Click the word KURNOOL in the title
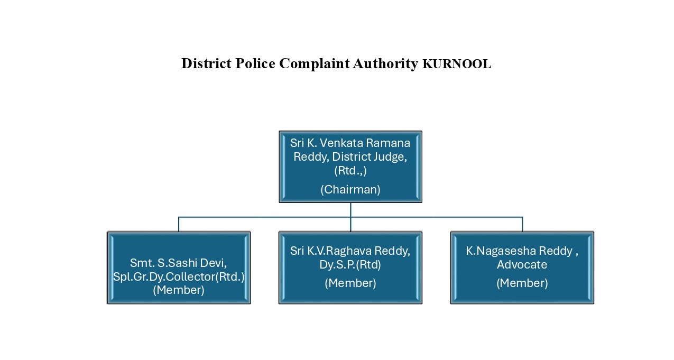pyautogui.click(x=457, y=64)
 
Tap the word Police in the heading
pyautogui.click(x=255, y=63)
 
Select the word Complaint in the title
pyautogui.click(x=315, y=64)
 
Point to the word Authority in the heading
pyautogui.click(x=385, y=64)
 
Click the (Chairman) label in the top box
pyautogui.click(x=350, y=190)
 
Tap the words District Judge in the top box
pyautogui.click(x=369, y=157)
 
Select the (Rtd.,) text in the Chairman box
pyautogui.click(x=350, y=171)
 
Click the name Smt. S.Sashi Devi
pyautogui.click(x=179, y=263)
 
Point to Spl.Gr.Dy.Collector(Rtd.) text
pyautogui.click(x=179, y=277)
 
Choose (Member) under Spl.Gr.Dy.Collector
pyautogui.click(x=179, y=290)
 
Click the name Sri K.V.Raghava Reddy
pyautogui.click(x=350, y=251)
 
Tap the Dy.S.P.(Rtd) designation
pyautogui.click(x=350, y=265)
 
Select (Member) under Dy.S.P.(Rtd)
pyautogui.click(x=350, y=283)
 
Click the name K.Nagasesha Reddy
pyautogui.click(x=519, y=251)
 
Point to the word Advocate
pyautogui.click(x=522, y=265)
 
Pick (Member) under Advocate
pyautogui.click(x=522, y=283)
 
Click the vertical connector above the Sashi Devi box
pyautogui.click(x=179, y=224)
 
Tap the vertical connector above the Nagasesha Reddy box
pyautogui.click(x=522, y=224)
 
